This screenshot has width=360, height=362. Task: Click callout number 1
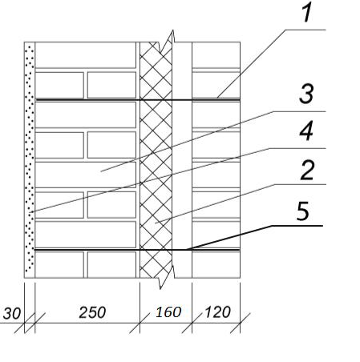[x=307, y=12]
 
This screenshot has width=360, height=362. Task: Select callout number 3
[x=306, y=94]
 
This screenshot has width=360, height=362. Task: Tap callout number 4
[x=306, y=131]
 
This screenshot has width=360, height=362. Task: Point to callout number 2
[x=307, y=170]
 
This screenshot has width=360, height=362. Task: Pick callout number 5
[x=303, y=211]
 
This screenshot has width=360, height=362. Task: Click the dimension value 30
[x=11, y=313]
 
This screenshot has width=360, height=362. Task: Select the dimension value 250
[x=92, y=312]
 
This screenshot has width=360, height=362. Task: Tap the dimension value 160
[x=168, y=312]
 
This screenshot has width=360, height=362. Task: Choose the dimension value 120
[x=217, y=312]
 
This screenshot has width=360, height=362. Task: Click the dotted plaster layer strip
[x=30, y=159]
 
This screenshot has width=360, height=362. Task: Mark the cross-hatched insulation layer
[x=156, y=159]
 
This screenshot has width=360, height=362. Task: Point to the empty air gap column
[x=182, y=159]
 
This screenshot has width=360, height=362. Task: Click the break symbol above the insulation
[x=167, y=41]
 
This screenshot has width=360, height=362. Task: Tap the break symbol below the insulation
[x=166, y=277]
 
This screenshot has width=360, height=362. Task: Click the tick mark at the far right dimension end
[x=240, y=323]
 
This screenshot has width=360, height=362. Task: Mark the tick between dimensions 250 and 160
[x=140, y=323]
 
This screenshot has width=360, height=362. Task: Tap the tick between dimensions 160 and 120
[x=192, y=323]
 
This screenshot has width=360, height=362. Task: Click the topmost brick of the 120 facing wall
[x=216, y=54]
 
